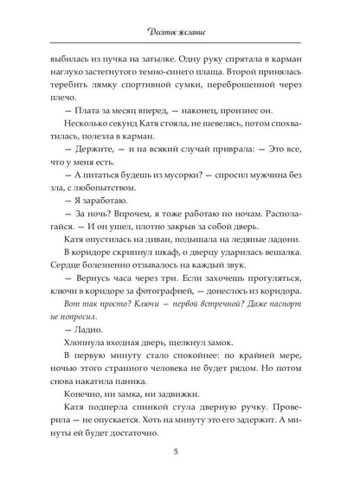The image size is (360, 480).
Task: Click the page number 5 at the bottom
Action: click(x=179, y=451)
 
